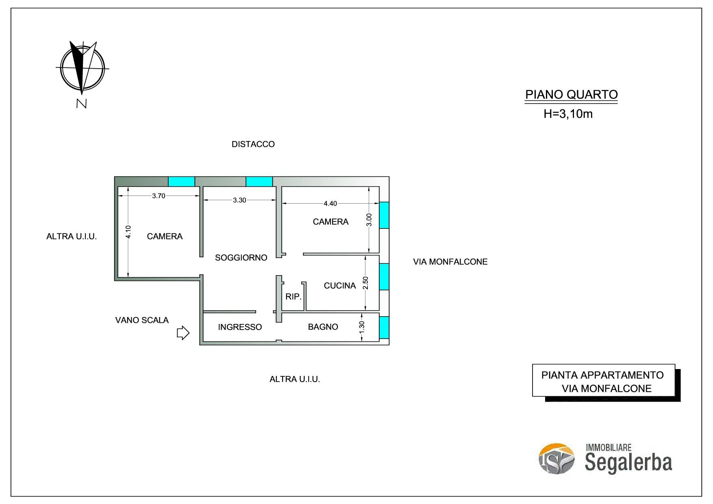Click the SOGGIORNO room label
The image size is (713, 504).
pos(241,257)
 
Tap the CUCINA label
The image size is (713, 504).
pos(340,285)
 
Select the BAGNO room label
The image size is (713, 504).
pos(323,327)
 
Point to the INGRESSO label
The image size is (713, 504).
pos(240,327)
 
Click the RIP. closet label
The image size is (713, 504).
pos(293,297)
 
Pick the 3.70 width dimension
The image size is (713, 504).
pos(159,196)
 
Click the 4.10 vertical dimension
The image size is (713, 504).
pos(128,232)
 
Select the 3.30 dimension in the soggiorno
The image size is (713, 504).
pos(239,200)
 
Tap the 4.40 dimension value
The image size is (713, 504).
pos(330,203)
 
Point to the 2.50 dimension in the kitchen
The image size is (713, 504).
pos(365,283)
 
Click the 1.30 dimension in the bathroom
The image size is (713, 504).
pos(362,327)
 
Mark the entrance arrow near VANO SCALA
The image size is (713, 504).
pos(183,333)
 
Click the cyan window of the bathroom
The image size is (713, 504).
pos(384,327)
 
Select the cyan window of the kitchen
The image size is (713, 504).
pos(384,276)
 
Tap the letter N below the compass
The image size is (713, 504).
pos(82,104)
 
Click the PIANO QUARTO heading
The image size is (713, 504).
pos(572,94)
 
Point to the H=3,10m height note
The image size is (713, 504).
pos(568,114)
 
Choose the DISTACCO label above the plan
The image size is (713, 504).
pos(253,144)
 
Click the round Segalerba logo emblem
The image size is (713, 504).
pos(556,458)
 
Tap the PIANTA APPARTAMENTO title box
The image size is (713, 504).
pos(604,380)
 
